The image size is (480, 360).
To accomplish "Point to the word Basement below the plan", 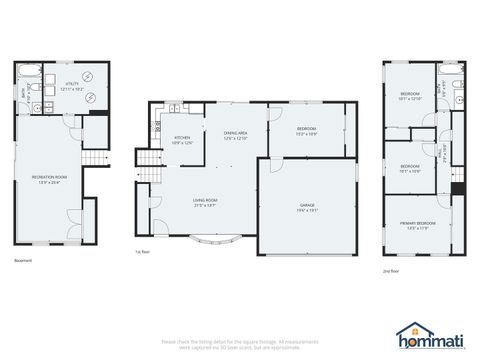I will coord(23,262).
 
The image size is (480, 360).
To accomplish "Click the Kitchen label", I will coord(182,140).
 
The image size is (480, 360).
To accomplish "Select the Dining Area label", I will coord(236,136).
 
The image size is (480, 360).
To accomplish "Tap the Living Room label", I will coord(206,202).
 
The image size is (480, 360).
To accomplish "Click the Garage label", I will coord(306,208).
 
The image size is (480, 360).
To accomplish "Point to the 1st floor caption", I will coord(143,252).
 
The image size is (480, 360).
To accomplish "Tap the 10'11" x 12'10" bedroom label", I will coord(411,96).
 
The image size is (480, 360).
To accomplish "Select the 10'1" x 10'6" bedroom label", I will coord(410,168).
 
